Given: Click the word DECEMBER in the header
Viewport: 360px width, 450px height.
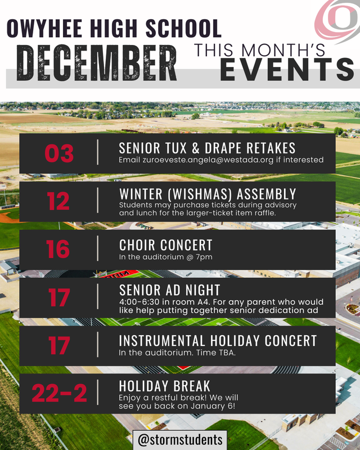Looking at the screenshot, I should pyautogui.click(x=96, y=61).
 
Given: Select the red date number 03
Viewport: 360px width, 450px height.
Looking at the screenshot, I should pyautogui.click(x=59, y=153).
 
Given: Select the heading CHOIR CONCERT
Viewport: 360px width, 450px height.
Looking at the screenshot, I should pyautogui.click(x=166, y=245).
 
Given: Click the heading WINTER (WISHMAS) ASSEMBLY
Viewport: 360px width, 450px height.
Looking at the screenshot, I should pyautogui.click(x=208, y=194).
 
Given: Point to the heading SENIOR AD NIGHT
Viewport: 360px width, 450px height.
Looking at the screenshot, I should pyautogui.click(x=170, y=290).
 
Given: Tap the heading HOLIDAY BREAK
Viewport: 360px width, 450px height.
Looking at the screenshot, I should pyautogui.click(x=165, y=386).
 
